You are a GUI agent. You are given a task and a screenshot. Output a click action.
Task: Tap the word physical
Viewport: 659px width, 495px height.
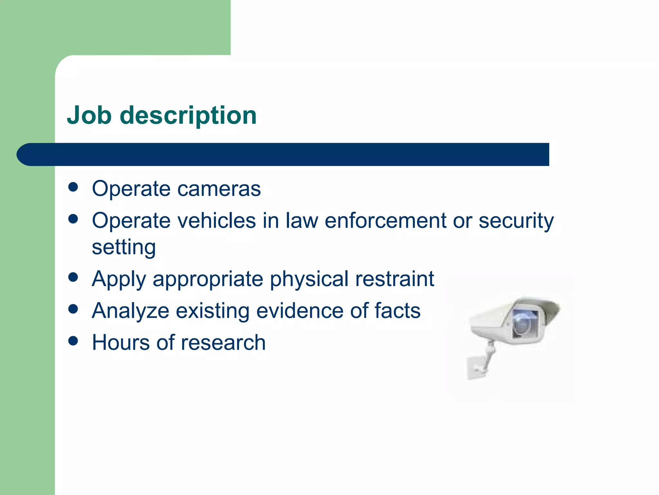[309, 279]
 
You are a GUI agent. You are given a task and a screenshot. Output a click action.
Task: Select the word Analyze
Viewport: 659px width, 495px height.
[130, 311]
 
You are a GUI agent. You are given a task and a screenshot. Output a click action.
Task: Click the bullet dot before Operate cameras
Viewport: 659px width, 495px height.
[73, 187]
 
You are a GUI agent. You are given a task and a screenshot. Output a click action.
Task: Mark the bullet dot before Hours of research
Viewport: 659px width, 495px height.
[73, 341]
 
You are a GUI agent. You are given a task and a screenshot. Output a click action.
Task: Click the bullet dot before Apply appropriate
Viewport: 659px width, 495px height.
[73, 277]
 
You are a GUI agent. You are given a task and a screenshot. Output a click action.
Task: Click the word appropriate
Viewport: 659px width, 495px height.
[208, 279]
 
